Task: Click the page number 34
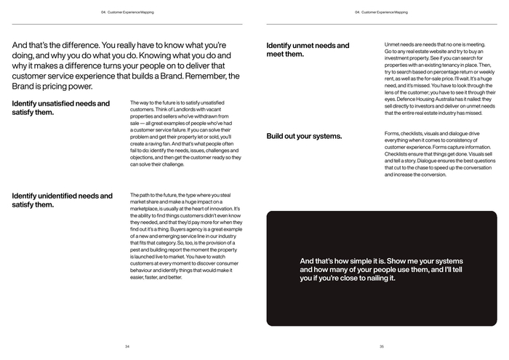coord(127,346)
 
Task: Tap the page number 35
coord(381,346)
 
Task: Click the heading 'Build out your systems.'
coord(304,136)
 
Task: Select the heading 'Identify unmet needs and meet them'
coord(308,49)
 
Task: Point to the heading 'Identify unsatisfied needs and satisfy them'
coord(61,108)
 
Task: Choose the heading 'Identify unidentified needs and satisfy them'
coord(63,200)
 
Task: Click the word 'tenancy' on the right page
coord(453,65)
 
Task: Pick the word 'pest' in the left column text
coord(136,249)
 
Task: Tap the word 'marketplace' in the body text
coord(146,209)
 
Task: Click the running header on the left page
coord(127,12)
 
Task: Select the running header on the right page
coord(381,12)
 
